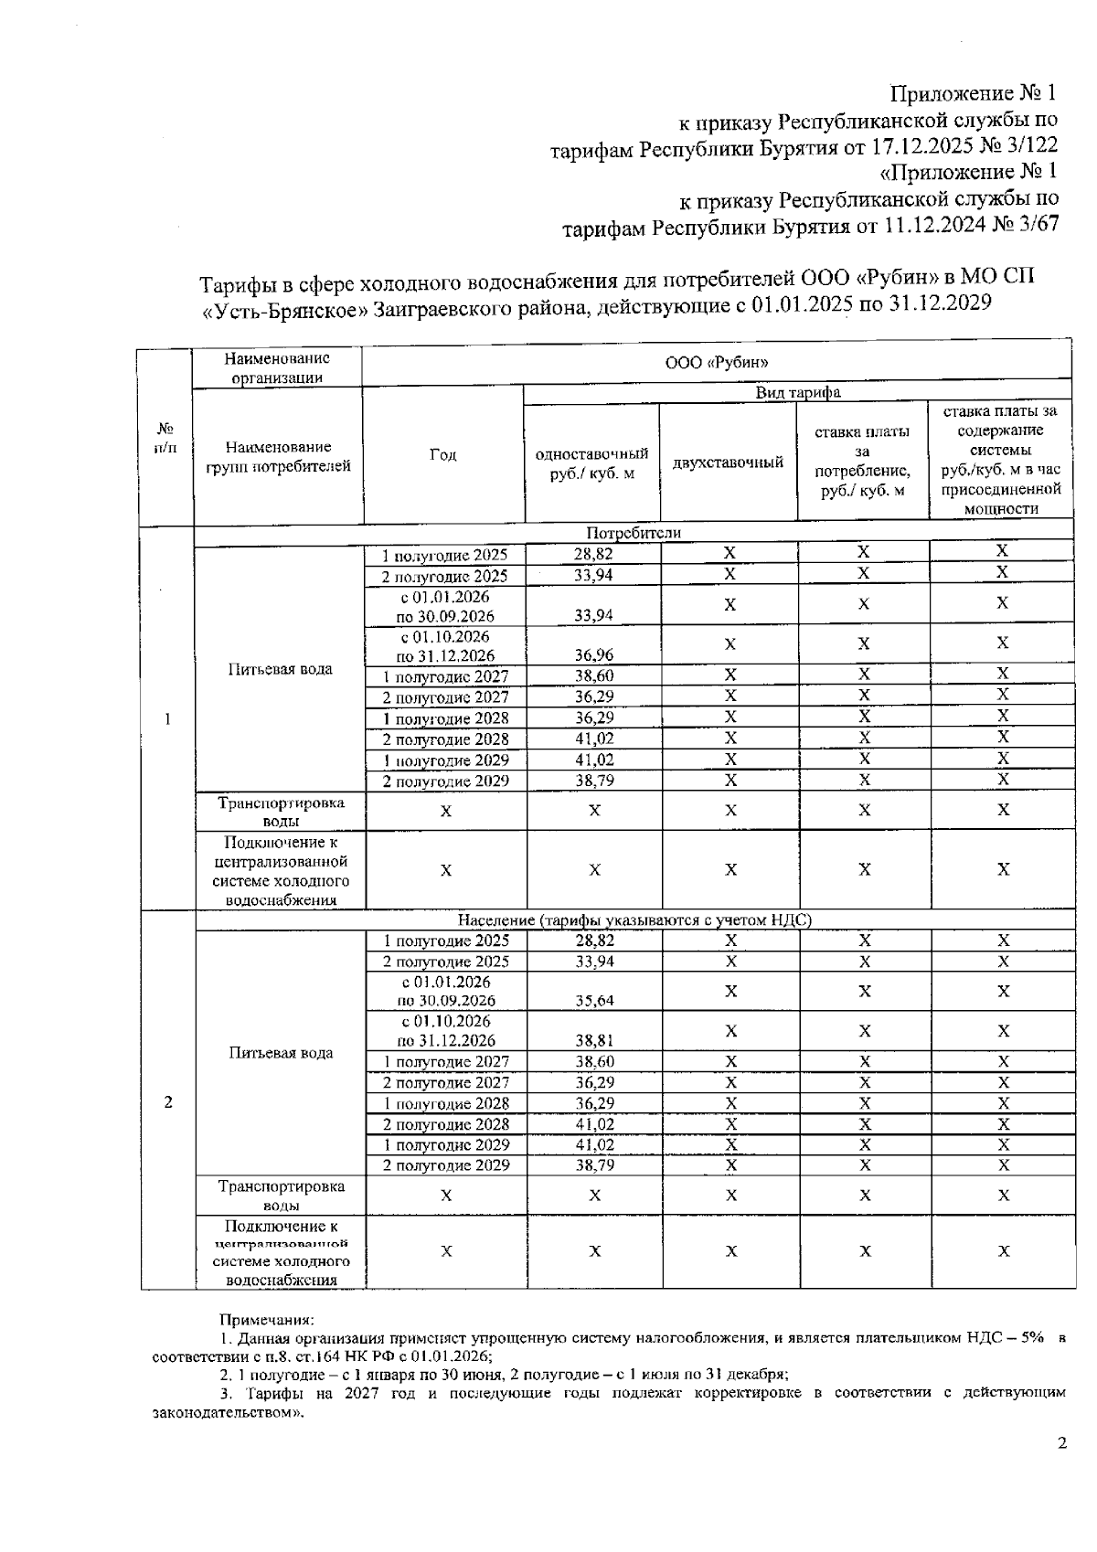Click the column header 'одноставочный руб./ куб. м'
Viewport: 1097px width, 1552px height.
591,463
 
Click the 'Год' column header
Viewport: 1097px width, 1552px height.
442,455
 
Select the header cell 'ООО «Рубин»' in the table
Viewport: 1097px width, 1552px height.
716,363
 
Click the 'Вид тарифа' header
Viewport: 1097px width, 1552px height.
797,393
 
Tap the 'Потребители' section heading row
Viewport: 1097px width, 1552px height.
633,533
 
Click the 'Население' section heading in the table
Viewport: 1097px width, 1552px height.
633,920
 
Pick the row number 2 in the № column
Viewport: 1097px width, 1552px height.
167,1102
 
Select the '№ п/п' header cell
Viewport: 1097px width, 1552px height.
165,438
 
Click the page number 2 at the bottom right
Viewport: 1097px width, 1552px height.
1061,1444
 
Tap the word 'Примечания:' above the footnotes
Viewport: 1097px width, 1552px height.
266,1320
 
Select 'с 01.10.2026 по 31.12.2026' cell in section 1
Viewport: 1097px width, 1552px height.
444,645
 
